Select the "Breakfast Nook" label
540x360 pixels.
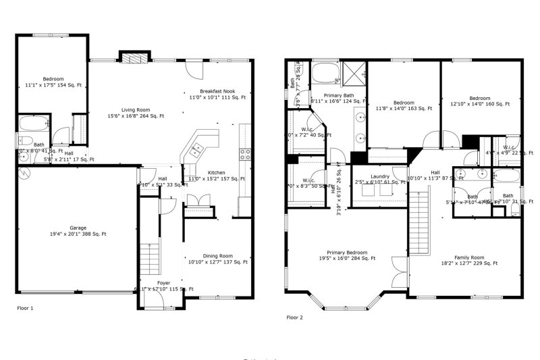click(x=217, y=91)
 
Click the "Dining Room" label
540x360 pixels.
click(x=217, y=255)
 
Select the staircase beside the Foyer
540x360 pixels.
click(x=148, y=257)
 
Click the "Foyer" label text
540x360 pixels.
click(x=164, y=282)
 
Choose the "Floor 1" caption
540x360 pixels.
click(x=25, y=308)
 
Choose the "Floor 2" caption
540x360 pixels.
click(x=294, y=317)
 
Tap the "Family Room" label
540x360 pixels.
click(x=469, y=257)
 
